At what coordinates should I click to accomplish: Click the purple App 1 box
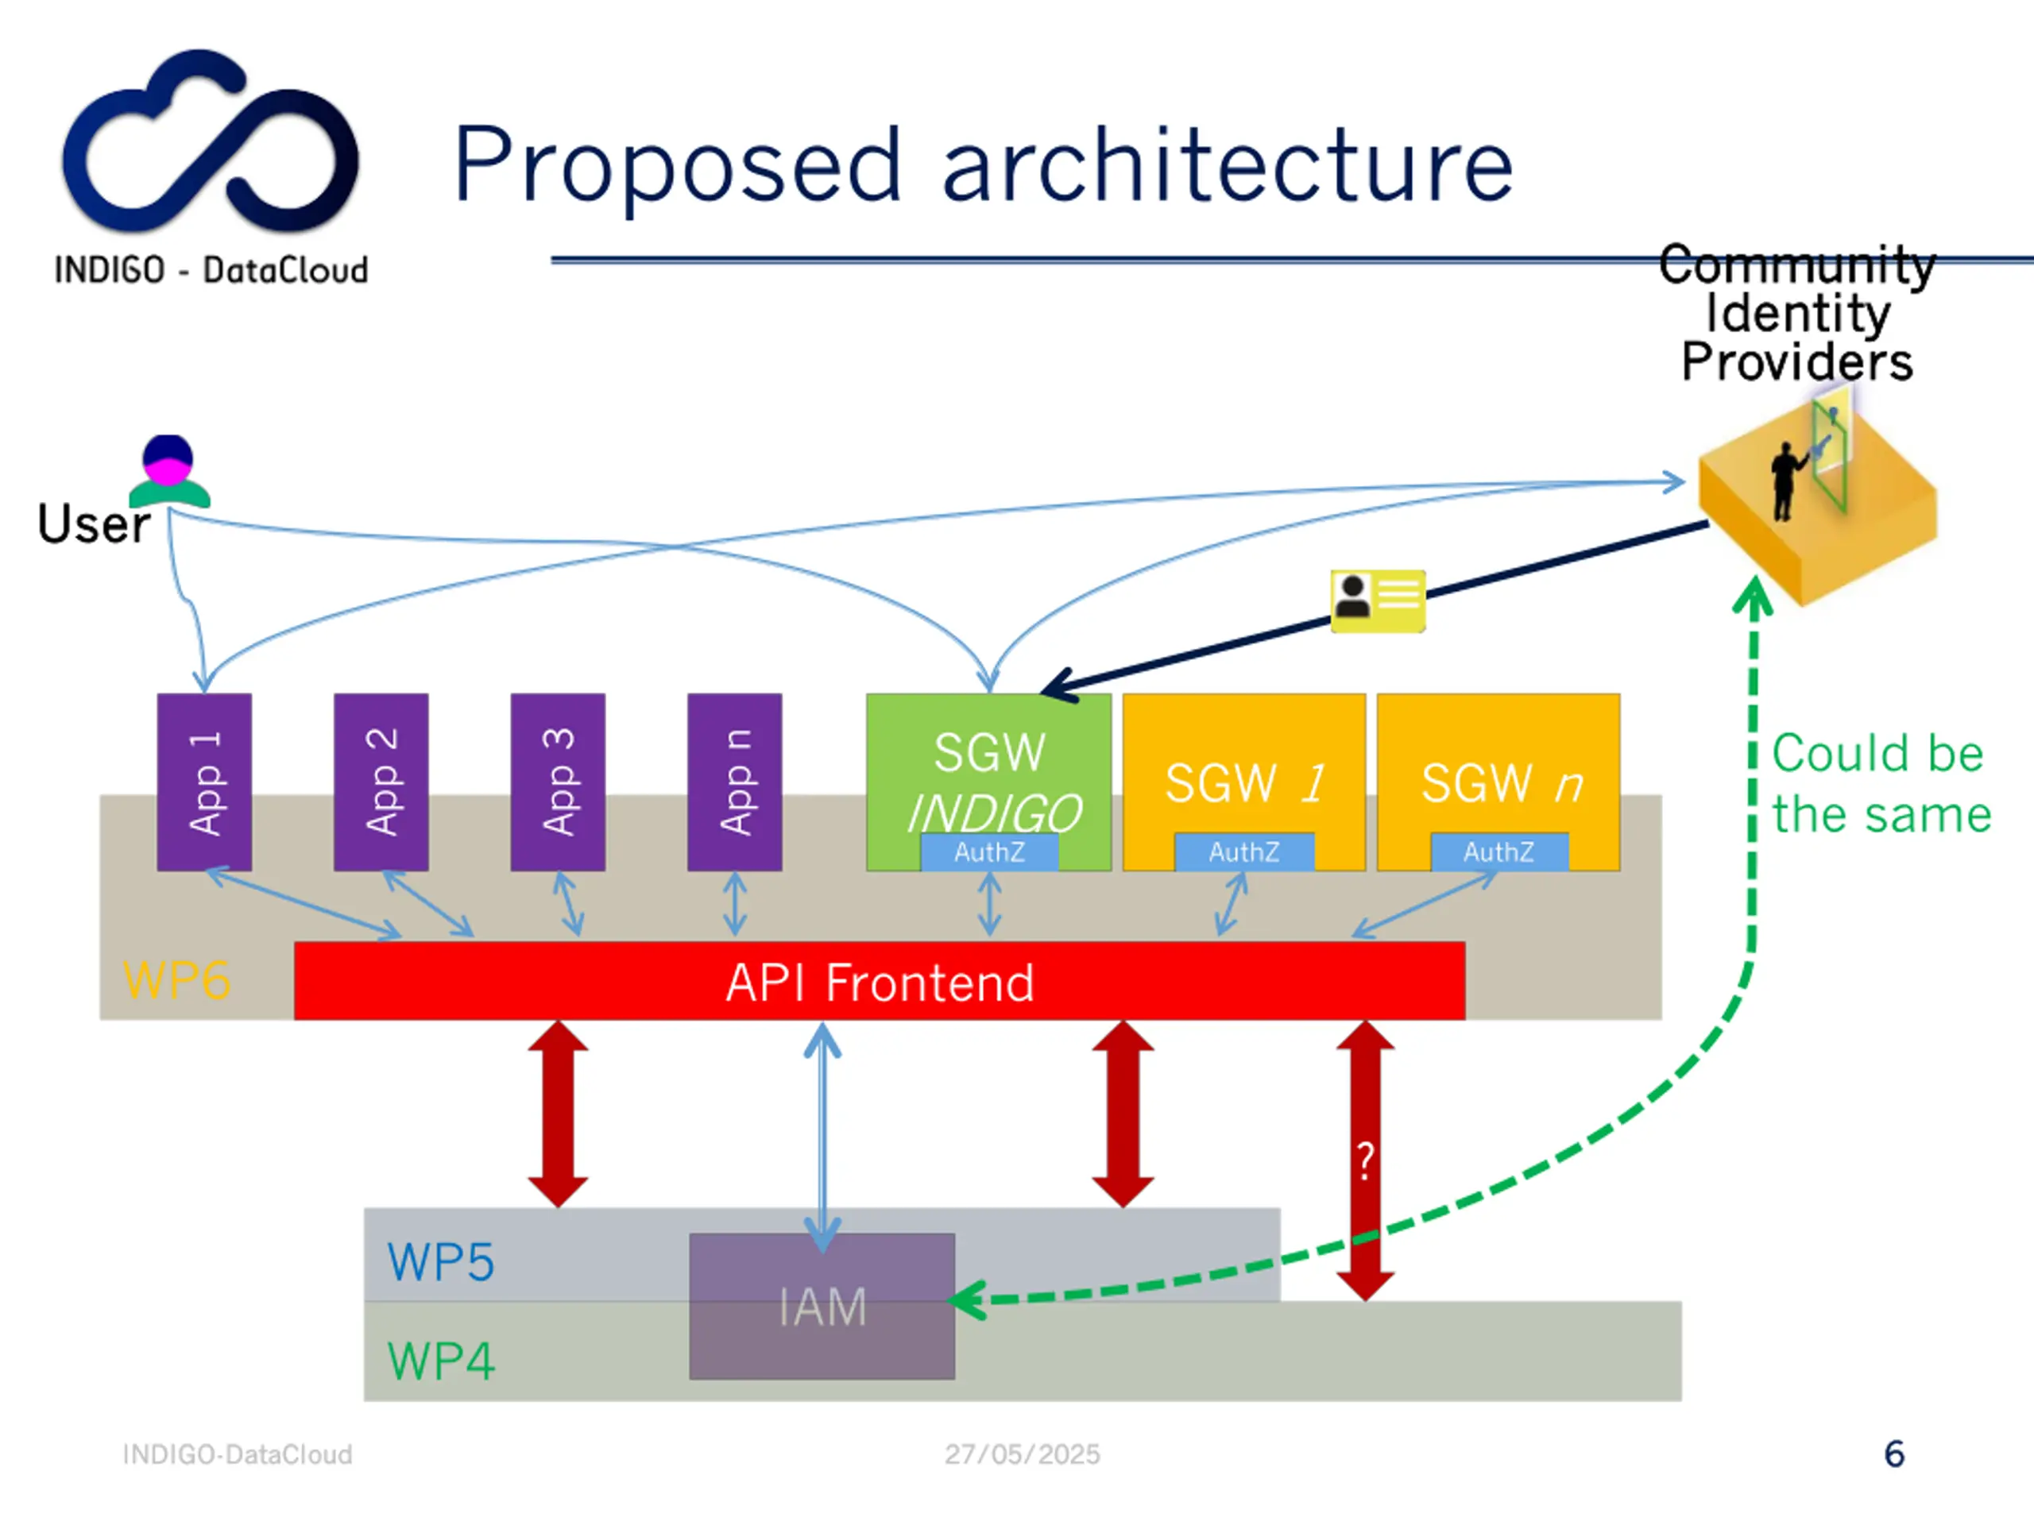point(204,782)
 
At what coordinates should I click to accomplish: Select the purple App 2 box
point(381,782)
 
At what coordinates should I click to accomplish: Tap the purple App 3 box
point(557,782)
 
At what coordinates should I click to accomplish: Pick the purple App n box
point(734,782)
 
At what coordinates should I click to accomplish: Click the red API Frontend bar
point(879,981)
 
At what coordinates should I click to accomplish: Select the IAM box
point(822,1305)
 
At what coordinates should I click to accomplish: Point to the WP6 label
point(176,980)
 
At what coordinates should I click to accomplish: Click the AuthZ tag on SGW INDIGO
point(989,852)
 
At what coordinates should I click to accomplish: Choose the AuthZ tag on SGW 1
point(1244,852)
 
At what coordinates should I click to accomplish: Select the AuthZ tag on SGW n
point(1498,852)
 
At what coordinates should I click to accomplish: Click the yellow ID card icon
point(1378,600)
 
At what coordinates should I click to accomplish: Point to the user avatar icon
point(168,472)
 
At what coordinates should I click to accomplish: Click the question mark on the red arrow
point(1366,1160)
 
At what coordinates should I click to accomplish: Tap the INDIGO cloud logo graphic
point(210,142)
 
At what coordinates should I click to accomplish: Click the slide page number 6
point(1893,1454)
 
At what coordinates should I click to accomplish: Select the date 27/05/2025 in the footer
point(1022,1454)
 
